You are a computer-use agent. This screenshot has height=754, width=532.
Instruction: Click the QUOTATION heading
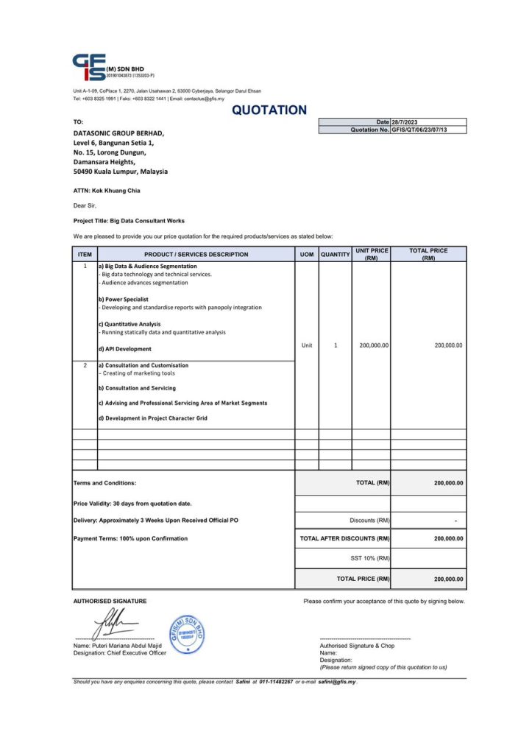[x=269, y=110]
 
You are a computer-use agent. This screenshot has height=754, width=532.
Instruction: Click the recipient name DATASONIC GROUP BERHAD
[x=118, y=133]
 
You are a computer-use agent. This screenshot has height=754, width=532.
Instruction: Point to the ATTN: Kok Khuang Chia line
[x=106, y=191]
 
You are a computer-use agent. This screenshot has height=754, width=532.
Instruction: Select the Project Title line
[x=129, y=220]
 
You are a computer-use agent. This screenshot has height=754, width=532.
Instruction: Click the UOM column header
[x=307, y=255]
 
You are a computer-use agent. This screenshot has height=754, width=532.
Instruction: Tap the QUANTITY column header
[x=336, y=255]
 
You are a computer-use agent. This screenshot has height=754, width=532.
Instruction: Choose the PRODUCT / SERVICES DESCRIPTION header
[x=196, y=255]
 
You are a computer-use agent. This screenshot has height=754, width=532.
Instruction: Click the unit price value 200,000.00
[x=374, y=345]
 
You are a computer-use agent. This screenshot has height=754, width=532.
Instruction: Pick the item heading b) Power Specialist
[x=123, y=300]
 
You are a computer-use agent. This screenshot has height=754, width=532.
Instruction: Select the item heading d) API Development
[x=124, y=349]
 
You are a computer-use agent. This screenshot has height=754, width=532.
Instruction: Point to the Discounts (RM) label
[x=369, y=521]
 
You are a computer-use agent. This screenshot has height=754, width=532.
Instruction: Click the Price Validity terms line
[x=132, y=504]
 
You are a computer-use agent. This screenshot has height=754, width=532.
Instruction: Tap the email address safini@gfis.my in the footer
[x=336, y=682]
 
